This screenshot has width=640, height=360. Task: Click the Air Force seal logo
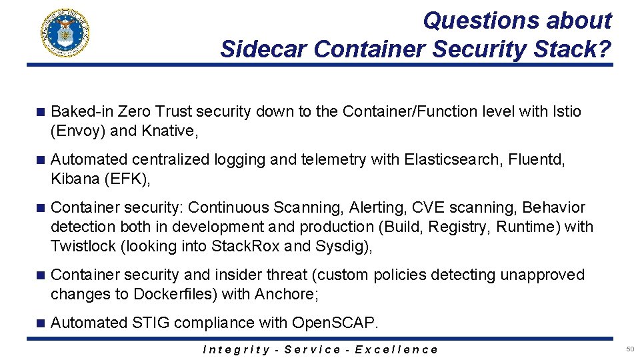(x=65, y=33)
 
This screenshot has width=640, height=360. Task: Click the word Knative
(x=169, y=131)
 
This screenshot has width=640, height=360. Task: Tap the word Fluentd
(x=539, y=159)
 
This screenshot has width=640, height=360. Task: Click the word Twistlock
(x=83, y=246)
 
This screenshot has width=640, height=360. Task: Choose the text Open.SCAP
(x=335, y=323)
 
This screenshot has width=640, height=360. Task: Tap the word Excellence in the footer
(x=397, y=349)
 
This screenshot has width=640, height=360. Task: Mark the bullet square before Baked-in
(x=40, y=112)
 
